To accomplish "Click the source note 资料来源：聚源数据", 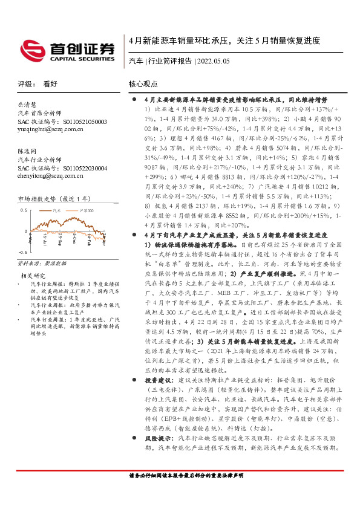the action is (x=37, y=264).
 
